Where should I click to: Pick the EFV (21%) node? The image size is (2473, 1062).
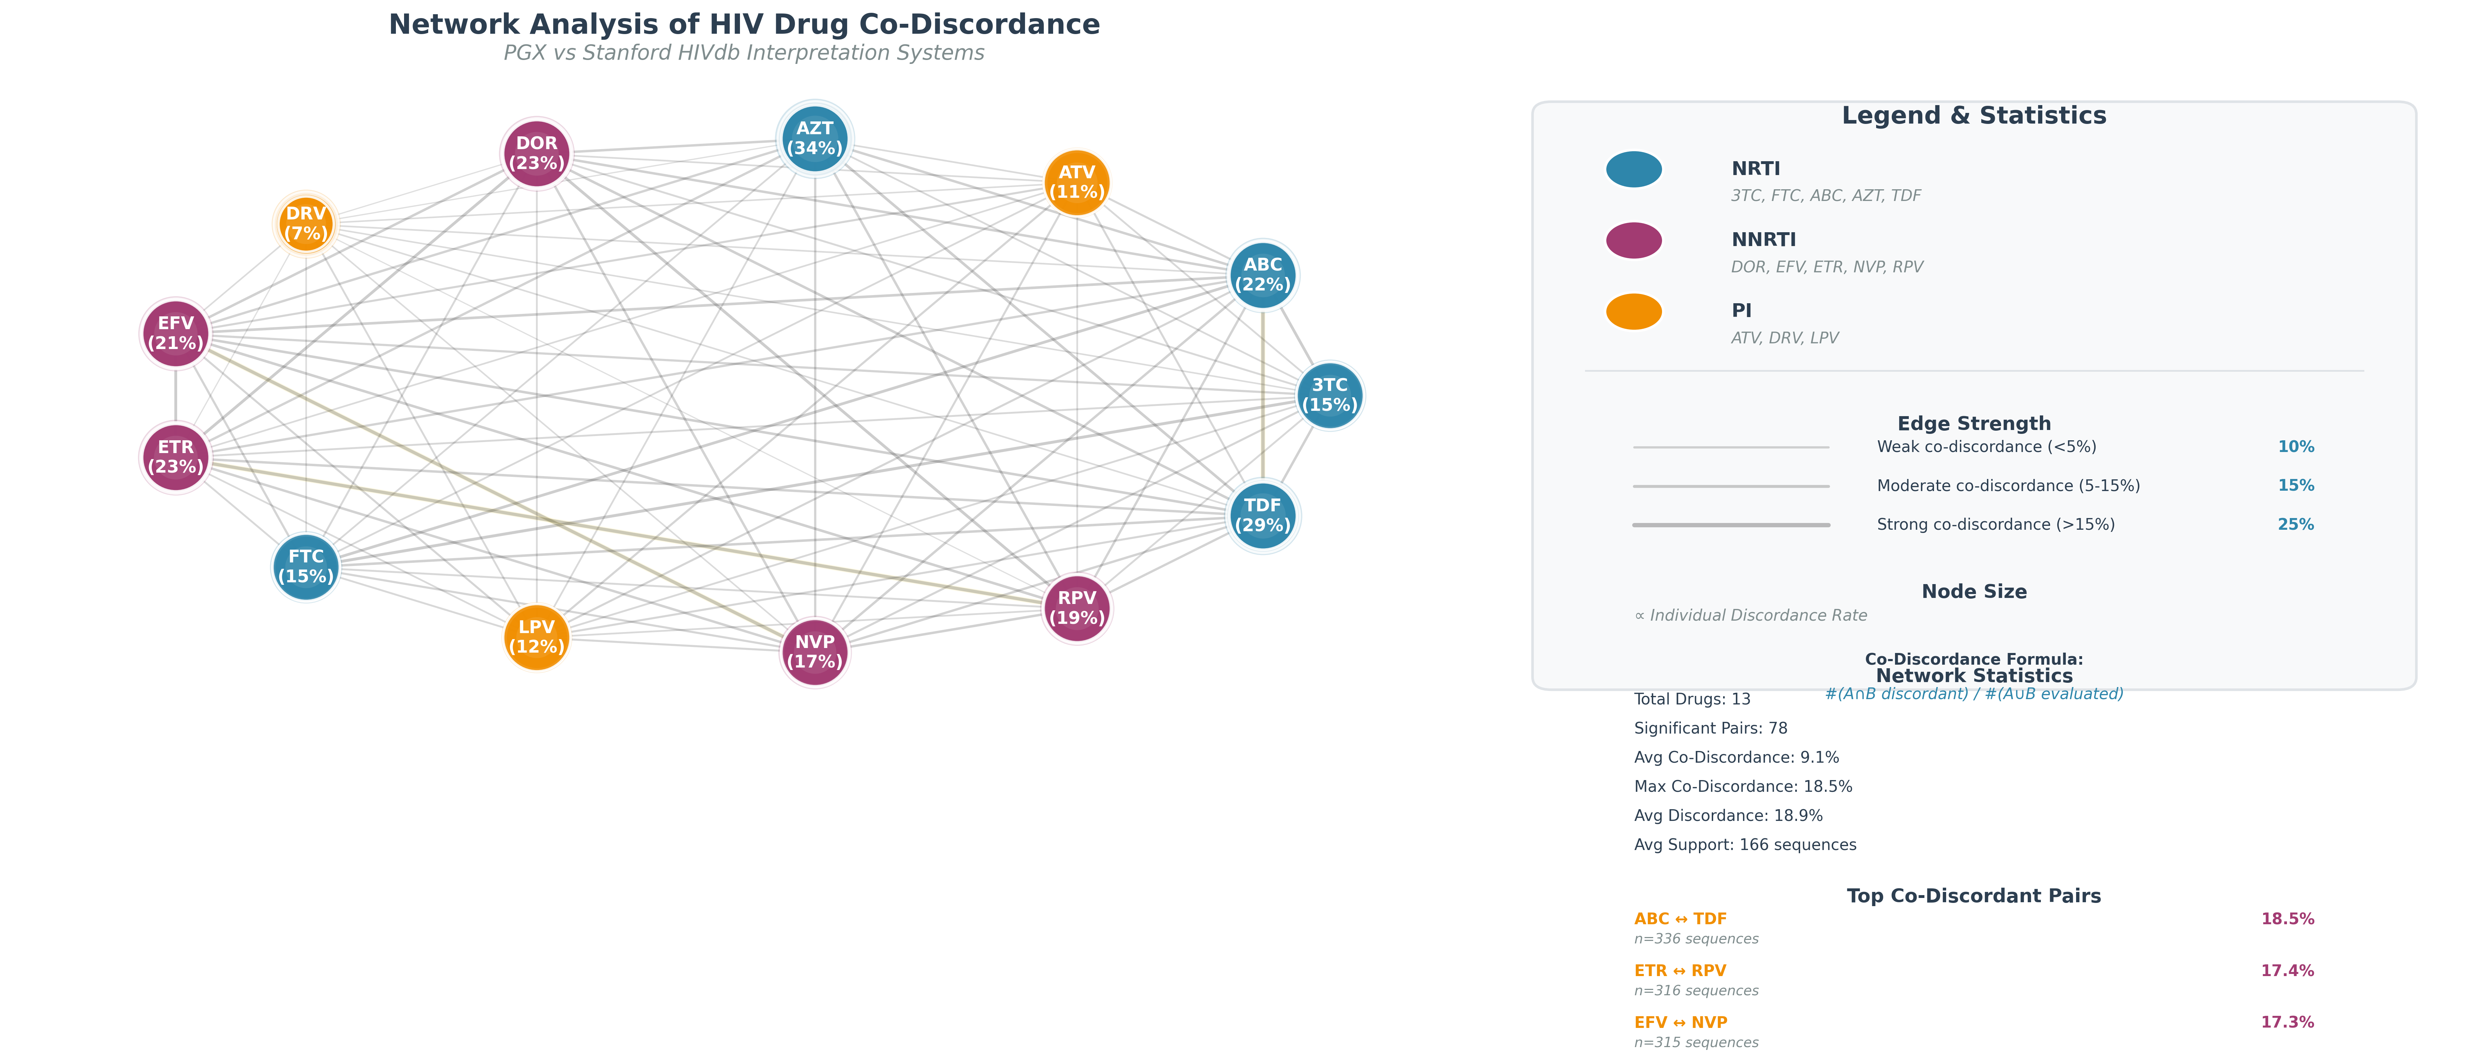click(176, 333)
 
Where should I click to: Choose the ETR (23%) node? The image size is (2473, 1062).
click(176, 457)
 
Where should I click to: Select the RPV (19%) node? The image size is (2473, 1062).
click(1076, 608)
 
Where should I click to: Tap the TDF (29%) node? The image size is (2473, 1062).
click(1263, 516)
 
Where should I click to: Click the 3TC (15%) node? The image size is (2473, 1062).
click(1330, 394)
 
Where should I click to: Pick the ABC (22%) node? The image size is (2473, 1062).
click(1263, 274)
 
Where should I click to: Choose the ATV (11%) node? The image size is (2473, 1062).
click(1076, 183)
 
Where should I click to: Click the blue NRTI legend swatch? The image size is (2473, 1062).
click(1633, 169)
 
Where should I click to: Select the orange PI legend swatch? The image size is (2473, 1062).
click(1633, 311)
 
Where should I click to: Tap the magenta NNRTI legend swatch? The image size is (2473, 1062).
click(1633, 240)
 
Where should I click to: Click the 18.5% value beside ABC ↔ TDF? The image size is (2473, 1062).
click(2287, 919)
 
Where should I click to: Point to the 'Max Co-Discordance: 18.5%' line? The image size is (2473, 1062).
click(1742, 786)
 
